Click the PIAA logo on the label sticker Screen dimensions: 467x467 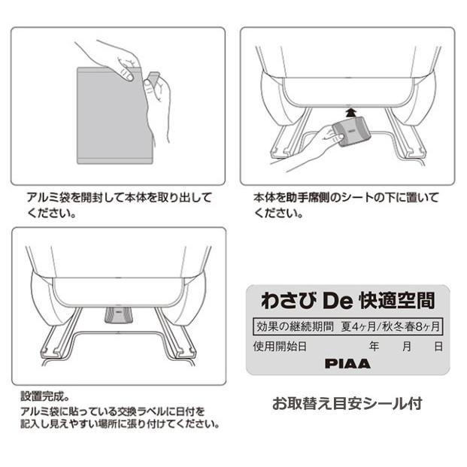click(x=347, y=362)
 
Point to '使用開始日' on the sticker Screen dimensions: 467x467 click(x=277, y=346)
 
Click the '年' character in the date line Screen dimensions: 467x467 click(x=374, y=346)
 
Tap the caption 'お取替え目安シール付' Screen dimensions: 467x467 click(x=347, y=404)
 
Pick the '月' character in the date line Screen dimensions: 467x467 click(x=406, y=346)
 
